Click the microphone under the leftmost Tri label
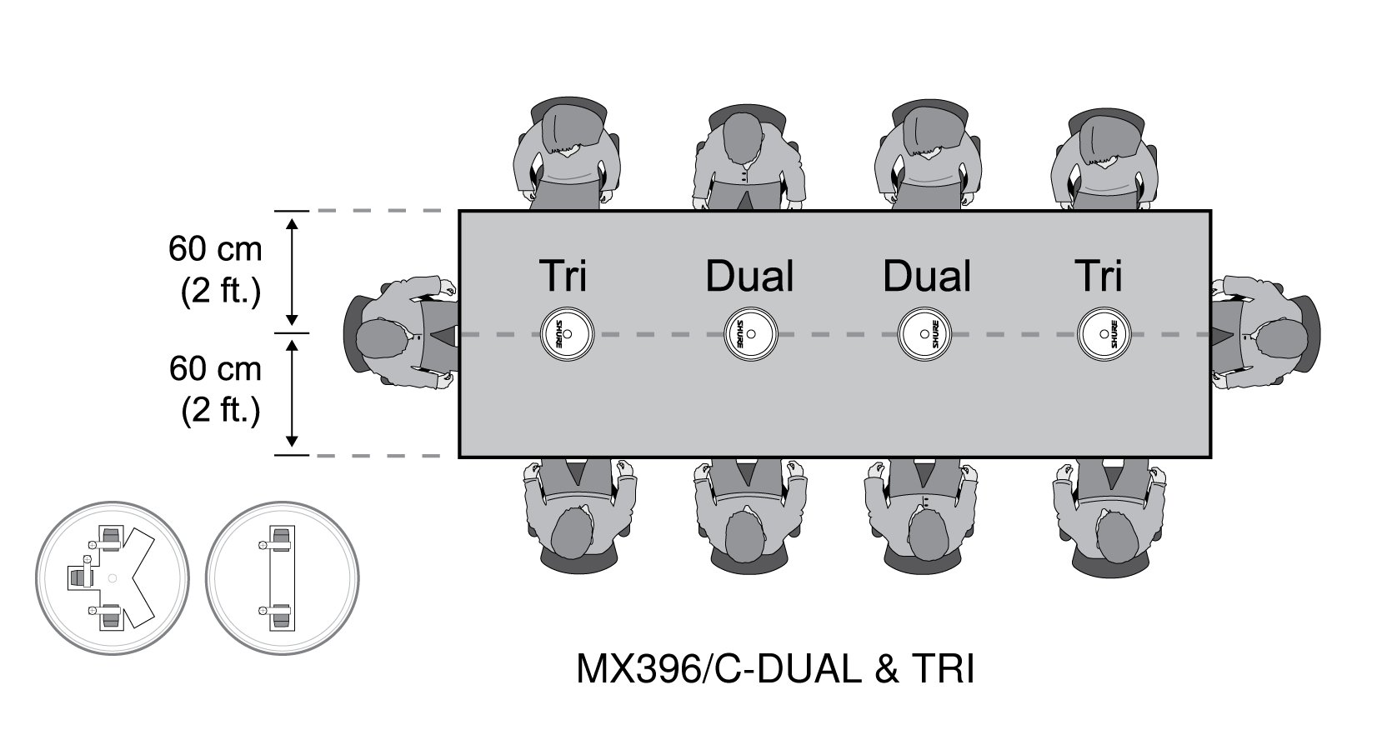coord(567,334)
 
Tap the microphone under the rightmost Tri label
coord(1104,334)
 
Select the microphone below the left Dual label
coord(750,334)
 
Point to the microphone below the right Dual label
coord(924,334)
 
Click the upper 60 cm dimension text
coord(216,249)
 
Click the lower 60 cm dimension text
coord(216,369)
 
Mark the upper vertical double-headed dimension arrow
coord(292,272)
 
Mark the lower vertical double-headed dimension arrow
coord(292,393)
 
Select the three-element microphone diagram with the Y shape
coord(113,577)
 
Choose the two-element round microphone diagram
coord(283,577)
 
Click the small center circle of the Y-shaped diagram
coord(112,578)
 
